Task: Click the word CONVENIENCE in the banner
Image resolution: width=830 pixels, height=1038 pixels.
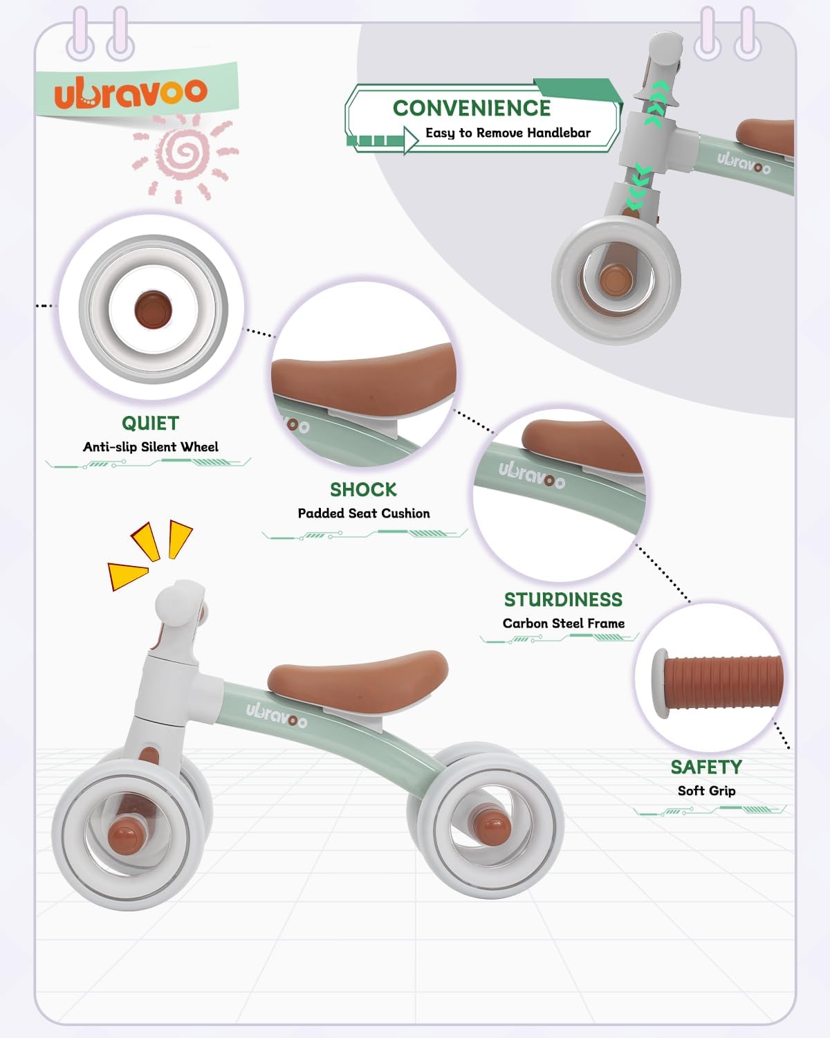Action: [x=472, y=108]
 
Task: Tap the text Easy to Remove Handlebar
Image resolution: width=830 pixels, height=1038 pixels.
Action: [x=508, y=133]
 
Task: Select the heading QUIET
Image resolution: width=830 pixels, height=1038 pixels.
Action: [x=150, y=423]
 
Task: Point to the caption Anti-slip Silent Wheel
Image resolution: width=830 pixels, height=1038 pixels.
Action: [x=150, y=447]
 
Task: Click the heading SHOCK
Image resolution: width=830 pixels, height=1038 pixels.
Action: [x=363, y=489]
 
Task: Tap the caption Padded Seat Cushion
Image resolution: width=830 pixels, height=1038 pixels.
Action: [x=363, y=513]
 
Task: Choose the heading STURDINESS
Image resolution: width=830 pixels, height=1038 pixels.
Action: [x=563, y=599]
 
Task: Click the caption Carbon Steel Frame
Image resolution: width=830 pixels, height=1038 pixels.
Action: [x=563, y=623]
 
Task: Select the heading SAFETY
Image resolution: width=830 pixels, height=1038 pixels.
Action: [x=706, y=767]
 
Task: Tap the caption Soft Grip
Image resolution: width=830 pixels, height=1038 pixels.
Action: [x=706, y=790]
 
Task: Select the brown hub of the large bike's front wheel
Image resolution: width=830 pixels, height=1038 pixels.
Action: [x=127, y=835]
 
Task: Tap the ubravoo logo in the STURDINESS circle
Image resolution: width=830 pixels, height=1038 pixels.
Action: [x=531, y=475]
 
